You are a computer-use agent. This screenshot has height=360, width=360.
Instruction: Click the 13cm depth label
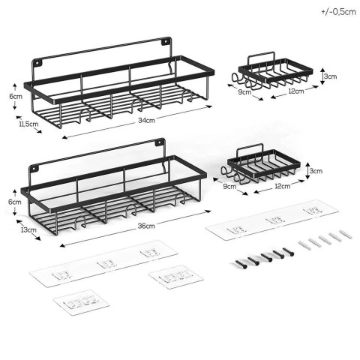click(x=28, y=229)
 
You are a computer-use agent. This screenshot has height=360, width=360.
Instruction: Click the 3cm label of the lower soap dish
click(x=316, y=171)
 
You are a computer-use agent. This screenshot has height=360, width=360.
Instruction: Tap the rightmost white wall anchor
click(x=346, y=234)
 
